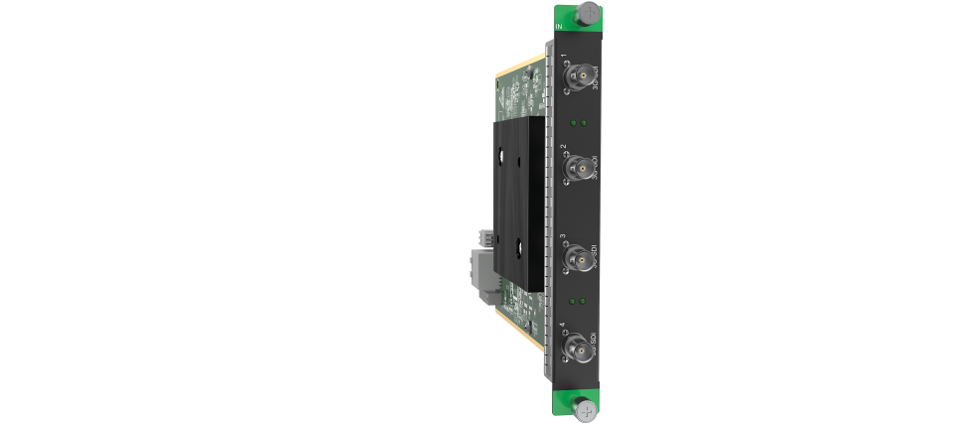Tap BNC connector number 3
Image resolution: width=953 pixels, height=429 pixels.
coord(575,260)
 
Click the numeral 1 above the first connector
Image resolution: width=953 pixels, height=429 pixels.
coord(564,57)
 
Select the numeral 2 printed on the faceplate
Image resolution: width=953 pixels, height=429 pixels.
coord(564,147)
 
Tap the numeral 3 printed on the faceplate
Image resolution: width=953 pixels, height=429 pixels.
coord(564,238)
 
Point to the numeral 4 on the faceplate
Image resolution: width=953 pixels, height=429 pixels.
coord(564,327)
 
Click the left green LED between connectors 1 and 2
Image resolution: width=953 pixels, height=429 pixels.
coord(573,123)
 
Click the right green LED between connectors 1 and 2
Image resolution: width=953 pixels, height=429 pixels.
coord(584,123)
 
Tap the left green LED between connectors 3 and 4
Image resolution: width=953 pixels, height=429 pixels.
coord(573,298)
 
